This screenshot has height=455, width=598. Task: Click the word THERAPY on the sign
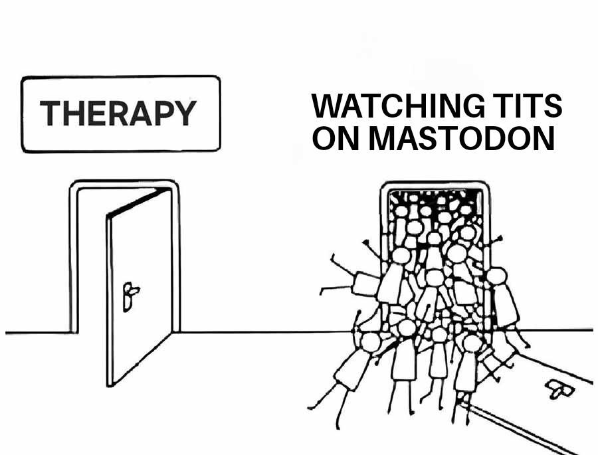(118, 113)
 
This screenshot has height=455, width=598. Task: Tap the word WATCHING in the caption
(392, 106)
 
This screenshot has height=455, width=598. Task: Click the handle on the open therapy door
(130, 296)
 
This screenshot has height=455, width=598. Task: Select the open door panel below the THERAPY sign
(140, 286)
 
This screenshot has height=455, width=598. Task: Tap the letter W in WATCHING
(328, 106)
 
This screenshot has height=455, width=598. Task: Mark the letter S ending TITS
(553, 106)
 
